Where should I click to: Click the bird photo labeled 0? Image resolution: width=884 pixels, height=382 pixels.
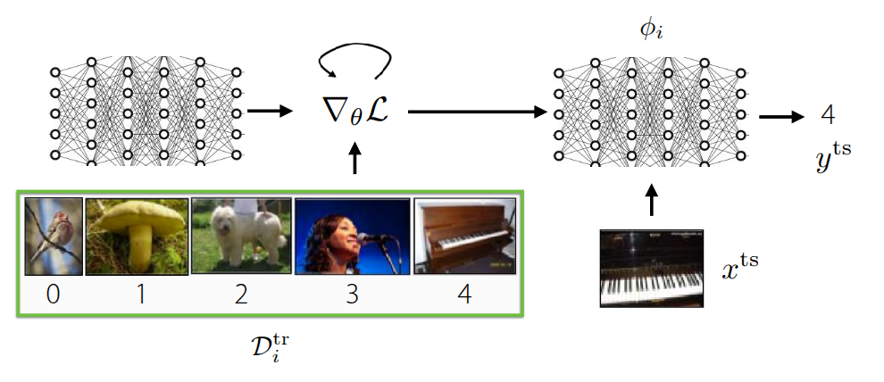point(54,236)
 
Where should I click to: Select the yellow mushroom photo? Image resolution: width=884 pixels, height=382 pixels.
point(137,236)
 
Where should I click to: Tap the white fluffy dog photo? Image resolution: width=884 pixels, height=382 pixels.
point(241,235)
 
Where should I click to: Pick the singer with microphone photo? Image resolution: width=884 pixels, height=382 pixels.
point(352,236)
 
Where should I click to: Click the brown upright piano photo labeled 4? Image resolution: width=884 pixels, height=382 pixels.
point(464,236)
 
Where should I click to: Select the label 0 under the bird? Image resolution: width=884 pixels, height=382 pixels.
point(54,294)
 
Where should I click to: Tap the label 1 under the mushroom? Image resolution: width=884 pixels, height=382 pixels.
point(138,294)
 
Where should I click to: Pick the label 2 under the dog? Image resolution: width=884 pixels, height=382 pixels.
point(241,294)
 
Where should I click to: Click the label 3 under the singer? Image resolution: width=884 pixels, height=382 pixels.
point(352,294)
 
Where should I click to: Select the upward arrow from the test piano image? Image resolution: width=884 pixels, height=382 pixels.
point(651,200)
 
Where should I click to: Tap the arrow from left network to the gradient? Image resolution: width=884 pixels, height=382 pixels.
point(271,111)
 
